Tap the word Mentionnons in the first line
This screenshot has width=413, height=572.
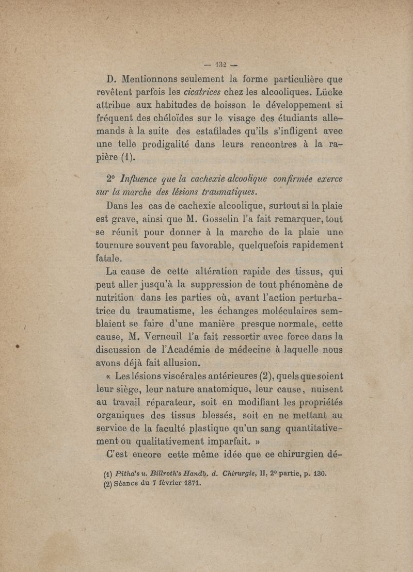pyautogui.click(x=158, y=80)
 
